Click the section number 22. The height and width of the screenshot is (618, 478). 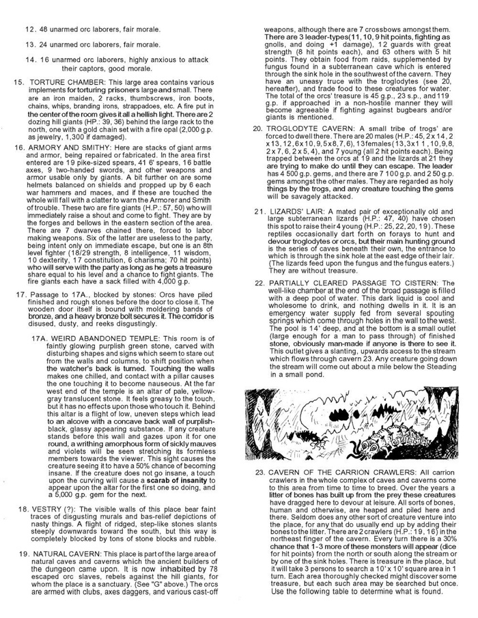[259, 283]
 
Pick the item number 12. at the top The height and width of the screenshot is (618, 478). [31, 29]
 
